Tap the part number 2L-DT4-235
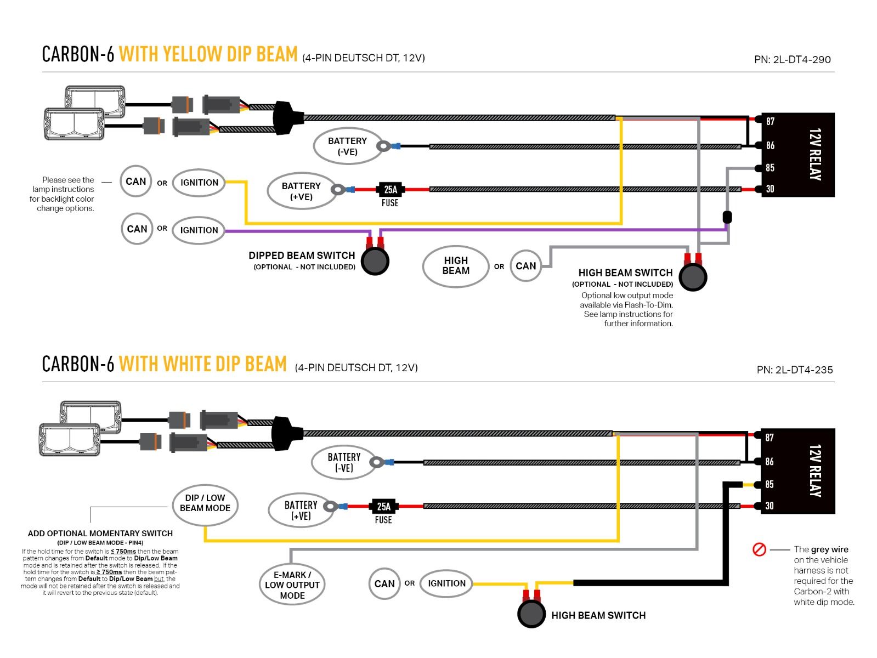pyautogui.click(x=795, y=370)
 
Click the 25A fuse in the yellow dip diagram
pyautogui.click(x=390, y=190)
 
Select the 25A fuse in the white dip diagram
pyautogui.click(x=383, y=507)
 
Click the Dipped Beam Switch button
pyautogui.click(x=375, y=261)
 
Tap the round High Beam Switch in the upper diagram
pyautogui.click(x=693, y=277)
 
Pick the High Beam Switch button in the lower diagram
pyautogui.click(x=531, y=614)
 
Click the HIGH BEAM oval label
pyautogui.click(x=456, y=266)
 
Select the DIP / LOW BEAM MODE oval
pyautogui.click(x=205, y=503)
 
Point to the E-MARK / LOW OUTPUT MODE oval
pyautogui.click(x=292, y=585)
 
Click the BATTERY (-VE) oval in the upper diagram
pyautogui.click(x=347, y=146)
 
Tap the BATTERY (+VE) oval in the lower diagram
pyautogui.click(x=301, y=510)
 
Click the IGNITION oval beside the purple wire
pyautogui.click(x=199, y=230)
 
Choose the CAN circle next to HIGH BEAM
pyautogui.click(x=525, y=266)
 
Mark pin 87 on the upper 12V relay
pyautogui.click(x=770, y=121)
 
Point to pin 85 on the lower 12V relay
pyautogui.click(x=770, y=484)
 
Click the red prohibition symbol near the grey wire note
pyautogui.click(x=759, y=549)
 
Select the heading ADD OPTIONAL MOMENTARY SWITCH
pyautogui.click(x=100, y=534)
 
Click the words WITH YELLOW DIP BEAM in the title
pyautogui.click(x=208, y=54)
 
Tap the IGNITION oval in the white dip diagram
pyautogui.click(x=446, y=583)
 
